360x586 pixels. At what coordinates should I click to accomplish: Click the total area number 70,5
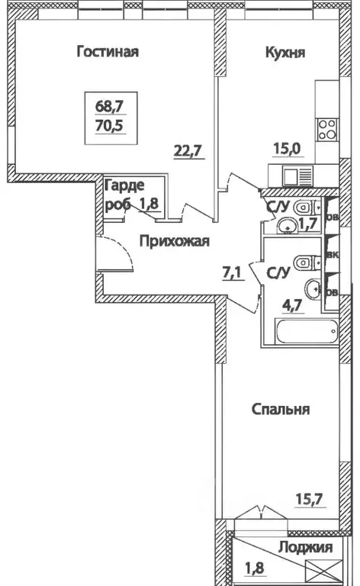pos(107,127)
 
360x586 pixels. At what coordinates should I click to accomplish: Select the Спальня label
pos(280,409)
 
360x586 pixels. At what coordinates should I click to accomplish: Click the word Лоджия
pos(305,547)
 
